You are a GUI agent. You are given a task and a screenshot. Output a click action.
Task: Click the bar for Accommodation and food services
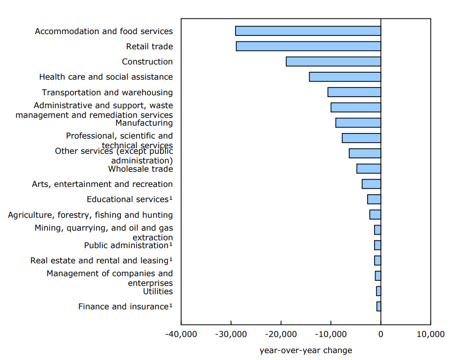pyautogui.click(x=308, y=31)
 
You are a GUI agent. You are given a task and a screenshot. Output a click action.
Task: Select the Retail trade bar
pyautogui.click(x=308, y=46)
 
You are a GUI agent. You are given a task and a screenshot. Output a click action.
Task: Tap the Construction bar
pyautogui.click(x=333, y=62)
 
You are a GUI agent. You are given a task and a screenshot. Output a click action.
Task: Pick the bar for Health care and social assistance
pyautogui.click(x=345, y=77)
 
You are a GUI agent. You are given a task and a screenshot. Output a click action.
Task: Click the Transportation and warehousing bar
pyautogui.click(x=354, y=92)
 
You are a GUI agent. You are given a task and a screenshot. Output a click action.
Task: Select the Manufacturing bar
pyautogui.click(x=358, y=122)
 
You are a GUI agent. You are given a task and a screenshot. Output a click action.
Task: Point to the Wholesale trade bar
pyautogui.click(x=369, y=168)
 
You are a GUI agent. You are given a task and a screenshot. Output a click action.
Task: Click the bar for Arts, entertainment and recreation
pyautogui.click(x=371, y=184)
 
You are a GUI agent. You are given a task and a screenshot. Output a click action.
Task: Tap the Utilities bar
pyautogui.click(x=378, y=291)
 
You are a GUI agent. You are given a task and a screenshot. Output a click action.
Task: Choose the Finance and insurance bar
pyautogui.click(x=379, y=306)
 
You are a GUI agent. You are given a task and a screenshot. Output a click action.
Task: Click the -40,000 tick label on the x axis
pyautogui.click(x=181, y=334)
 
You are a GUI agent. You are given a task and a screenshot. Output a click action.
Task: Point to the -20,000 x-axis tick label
pyautogui.click(x=281, y=334)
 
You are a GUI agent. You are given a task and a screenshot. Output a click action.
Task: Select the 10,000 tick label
pyautogui.click(x=431, y=334)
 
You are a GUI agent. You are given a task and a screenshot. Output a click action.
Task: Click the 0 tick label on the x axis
pyautogui.click(x=381, y=334)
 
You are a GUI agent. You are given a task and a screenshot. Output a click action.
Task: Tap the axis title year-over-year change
pyautogui.click(x=306, y=350)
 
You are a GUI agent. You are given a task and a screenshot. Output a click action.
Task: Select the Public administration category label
pyautogui.click(x=126, y=245)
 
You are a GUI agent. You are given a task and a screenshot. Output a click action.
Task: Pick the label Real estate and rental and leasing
pyautogui.click(x=99, y=261)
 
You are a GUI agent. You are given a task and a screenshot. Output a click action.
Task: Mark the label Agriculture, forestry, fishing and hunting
pyautogui.click(x=90, y=215)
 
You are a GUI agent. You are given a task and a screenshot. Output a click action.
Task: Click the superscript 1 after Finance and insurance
pyautogui.click(x=171, y=305)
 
